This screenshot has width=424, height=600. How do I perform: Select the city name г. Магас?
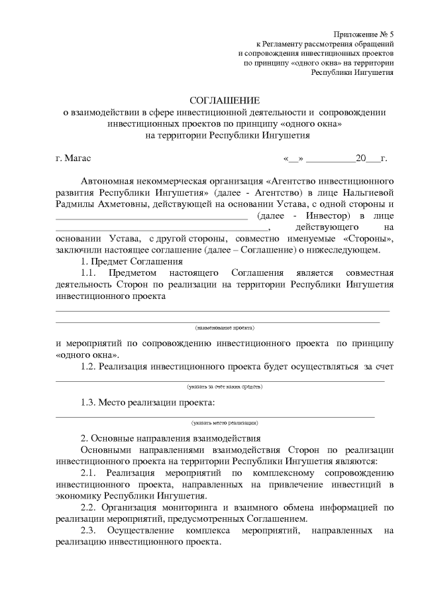point(74,158)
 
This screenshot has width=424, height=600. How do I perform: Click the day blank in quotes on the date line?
point(293,158)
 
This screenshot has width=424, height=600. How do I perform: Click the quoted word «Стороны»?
point(369,239)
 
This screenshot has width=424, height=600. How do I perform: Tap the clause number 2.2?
point(90,507)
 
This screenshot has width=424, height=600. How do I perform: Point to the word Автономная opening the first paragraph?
point(109,181)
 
